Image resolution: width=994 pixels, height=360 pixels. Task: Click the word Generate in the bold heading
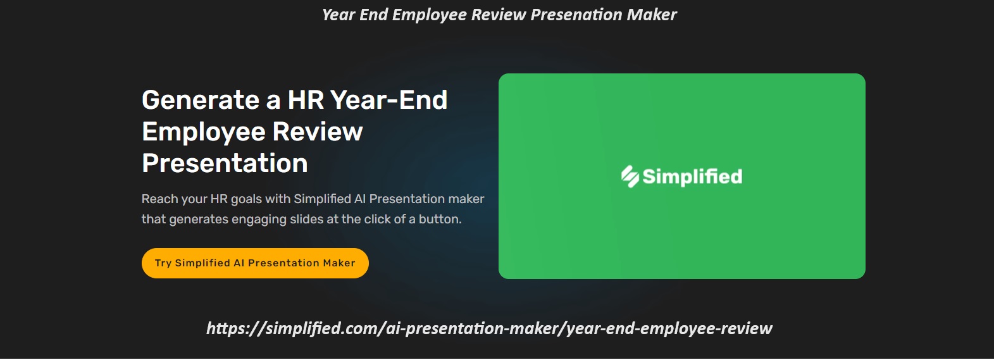pyautogui.click(x=201, y=100)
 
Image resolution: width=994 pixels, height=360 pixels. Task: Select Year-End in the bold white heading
pyautogui.click(x=388, y=100)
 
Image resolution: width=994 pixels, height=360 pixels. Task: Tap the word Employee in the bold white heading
pyautogui.click(x=203, y=132)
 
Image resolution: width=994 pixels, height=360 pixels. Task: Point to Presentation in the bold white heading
pyautogui.click(x=225, y=163)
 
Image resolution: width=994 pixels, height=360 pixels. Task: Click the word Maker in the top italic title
pyautogui.click(x=652, y=15)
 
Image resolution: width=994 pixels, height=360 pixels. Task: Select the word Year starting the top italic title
pyautogui.click(x=339, y=15)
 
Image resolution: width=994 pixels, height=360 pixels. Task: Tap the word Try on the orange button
pyautogui.click(x=163, y=263)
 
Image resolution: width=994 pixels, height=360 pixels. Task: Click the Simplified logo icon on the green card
pyautogui.click(x=630, y=177)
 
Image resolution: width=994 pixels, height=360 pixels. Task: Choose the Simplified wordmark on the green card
pyautogui.click(x=692, y=177)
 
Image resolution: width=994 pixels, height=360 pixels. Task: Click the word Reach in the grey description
pyautogui.click(x=159, y=199)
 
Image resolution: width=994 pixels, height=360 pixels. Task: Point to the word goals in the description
pyautogui.click(x=246, y=199)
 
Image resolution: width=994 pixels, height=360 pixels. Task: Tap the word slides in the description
pyautogui.click(x=306, y=219)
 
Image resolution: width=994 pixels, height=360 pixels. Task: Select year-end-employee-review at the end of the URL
pyautogui.click(x=669, y=328)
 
